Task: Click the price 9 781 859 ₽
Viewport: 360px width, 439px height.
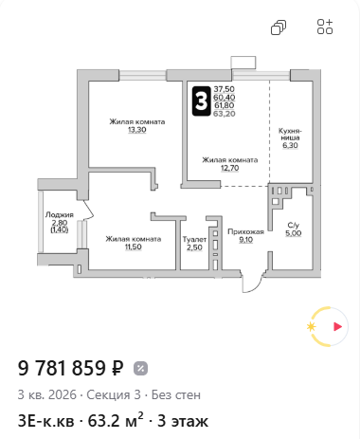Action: tap(70, 368)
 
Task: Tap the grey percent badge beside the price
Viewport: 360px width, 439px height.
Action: tap(140, 369)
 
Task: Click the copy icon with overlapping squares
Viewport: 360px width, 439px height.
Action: tap(279, 27)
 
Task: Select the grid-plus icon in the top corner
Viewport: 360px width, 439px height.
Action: tap(325, 27)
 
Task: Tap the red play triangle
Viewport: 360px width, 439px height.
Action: tap(337, 326)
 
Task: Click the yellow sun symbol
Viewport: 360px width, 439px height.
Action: tap(312, 327)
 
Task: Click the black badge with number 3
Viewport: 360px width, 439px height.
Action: tap(201, 101)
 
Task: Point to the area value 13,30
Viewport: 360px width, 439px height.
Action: tap(137, 130)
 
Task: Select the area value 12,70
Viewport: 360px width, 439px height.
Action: tap(229, 168)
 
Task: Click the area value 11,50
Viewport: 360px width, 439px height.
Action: tap(133, 247)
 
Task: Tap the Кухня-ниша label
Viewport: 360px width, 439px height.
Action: tap(290, 135)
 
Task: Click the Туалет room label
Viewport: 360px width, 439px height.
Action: tap(194, 240)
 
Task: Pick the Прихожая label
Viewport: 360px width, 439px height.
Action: tap(245, 232)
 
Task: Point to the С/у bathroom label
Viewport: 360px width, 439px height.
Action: tap(294, 226)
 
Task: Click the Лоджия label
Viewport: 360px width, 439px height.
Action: tap(60, 215)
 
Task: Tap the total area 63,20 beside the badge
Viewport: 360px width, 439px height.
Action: tap(225, 114)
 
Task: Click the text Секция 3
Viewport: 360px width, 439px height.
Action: tap(114, 395)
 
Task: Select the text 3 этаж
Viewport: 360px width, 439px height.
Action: tap(183, 421)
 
